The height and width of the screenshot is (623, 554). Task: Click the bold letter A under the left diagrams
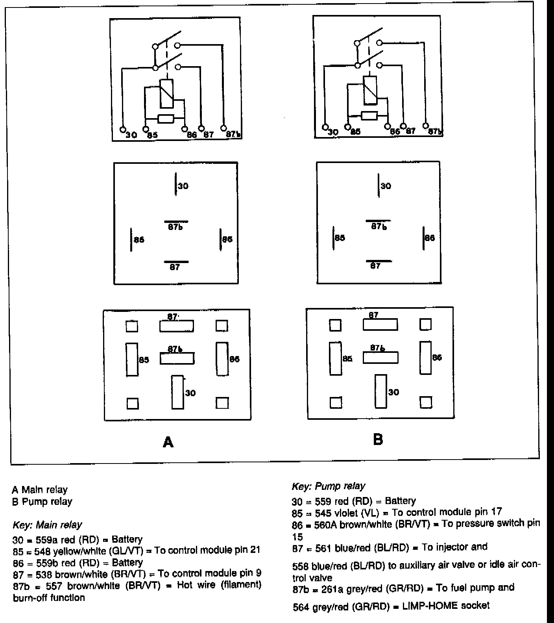[168, 442]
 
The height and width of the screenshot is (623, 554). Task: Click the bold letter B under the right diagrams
[378, 439]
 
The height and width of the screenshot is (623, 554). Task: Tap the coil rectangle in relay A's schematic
[167, 93]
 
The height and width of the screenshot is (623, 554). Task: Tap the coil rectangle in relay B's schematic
[370, 90]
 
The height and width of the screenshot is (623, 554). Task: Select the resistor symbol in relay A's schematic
[166, 118]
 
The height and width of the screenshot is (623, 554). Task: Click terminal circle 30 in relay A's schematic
[122, 129]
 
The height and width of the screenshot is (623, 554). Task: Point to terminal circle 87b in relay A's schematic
[223, 128]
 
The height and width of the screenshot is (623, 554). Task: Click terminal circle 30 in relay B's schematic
[325, 127]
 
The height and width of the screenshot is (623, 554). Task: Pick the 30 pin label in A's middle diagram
[183, 186]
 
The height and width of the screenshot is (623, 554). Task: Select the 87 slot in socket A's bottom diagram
[176, 326]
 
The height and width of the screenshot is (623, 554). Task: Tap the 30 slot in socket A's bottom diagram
[177, 392]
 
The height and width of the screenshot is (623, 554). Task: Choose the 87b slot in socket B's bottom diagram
[380, 358]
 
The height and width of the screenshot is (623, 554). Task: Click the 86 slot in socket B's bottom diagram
[425, 358]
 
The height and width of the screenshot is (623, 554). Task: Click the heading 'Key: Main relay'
[48, 525]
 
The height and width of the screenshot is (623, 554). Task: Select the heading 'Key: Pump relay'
[328, 486]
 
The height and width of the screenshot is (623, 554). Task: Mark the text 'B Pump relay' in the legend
[42, 502]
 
